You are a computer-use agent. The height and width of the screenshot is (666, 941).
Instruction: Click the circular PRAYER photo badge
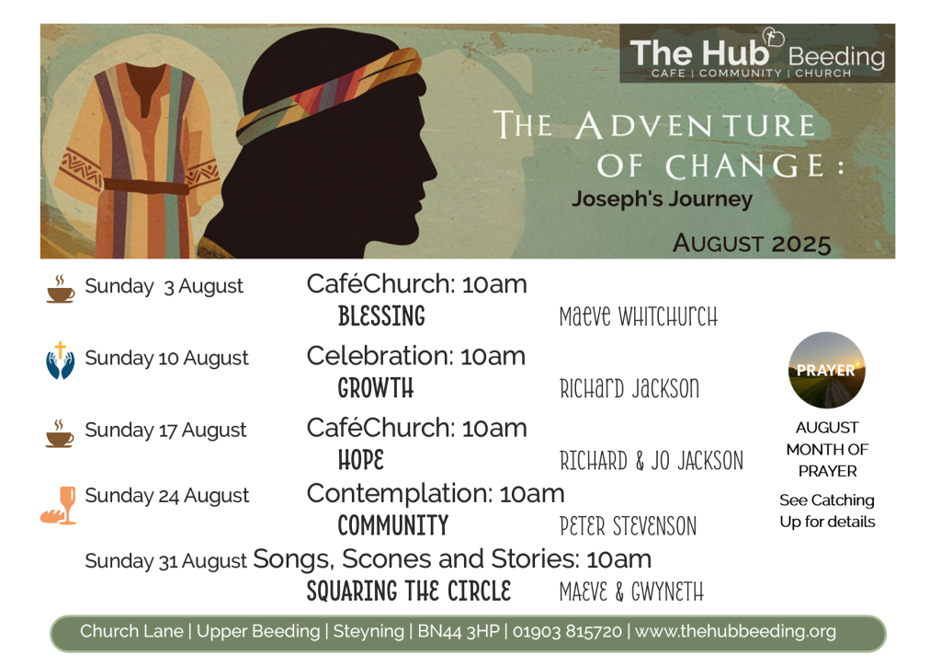coord(826,371)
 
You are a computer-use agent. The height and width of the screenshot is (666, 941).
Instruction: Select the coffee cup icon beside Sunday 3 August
coord(61,289)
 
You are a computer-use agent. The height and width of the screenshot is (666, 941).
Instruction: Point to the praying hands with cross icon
coord(60,361)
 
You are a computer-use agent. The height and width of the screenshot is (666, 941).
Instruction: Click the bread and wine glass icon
coord(59,505)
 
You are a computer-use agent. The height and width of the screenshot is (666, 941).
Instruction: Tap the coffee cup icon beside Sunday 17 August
coord(60,433)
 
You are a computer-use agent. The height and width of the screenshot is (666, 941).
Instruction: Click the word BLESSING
coord(381,316)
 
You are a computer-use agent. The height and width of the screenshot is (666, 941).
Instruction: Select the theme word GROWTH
coord(376,388)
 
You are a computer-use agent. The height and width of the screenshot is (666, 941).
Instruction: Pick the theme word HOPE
coord(360,460)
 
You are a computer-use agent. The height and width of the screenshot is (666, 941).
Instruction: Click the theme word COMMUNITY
coord(393,525)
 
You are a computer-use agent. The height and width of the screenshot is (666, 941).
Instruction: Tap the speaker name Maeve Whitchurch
coord(639,316)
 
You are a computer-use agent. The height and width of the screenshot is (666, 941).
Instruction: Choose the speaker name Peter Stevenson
coord(629,526)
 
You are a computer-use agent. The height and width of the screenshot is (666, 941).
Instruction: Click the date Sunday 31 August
coord(165,561)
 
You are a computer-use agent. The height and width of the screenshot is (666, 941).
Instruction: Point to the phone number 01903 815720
coord(567,631)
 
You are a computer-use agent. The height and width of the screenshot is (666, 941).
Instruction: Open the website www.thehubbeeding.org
coord(735,632)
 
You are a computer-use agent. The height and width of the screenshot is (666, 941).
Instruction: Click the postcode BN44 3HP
coord(459,631)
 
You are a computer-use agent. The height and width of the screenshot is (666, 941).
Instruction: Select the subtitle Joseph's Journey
coord(662,199)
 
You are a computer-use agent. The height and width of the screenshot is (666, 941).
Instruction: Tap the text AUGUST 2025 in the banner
coord(752,243)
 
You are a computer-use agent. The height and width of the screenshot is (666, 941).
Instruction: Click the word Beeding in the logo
coord(836,58)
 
